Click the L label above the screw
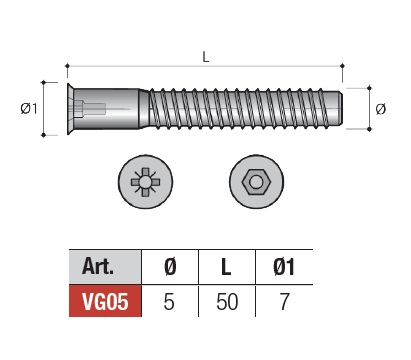(x=206, y=57)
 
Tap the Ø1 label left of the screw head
(x=29, y=108)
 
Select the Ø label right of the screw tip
(x=381, y=109)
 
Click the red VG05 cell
(x=105, y=301)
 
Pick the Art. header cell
(x=105, y=267)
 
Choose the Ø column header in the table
(x=170, y=267)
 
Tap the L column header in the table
(x=226, y=267)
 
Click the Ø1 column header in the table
(x=284, y=267)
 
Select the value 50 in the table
(x=227, y=302)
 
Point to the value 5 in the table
(x=169, y=302)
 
